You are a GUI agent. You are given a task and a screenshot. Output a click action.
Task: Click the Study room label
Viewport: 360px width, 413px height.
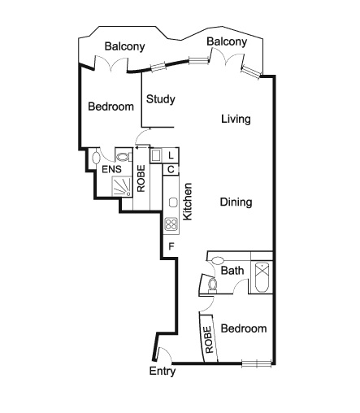(x=161, y=99)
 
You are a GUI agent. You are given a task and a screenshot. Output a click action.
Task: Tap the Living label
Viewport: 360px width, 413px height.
(x=236, y=120)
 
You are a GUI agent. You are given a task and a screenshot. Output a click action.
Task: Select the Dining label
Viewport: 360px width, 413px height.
(x=236, y=202)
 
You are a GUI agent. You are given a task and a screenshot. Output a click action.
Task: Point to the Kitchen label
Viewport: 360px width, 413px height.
(x=188, y=202)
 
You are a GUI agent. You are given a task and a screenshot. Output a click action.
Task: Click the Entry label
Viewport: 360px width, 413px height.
(x=163, y=372)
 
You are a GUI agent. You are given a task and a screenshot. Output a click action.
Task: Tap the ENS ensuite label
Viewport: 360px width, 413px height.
(x=111, y=169)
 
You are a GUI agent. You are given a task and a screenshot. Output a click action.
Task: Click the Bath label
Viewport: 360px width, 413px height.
(x=232, y=271)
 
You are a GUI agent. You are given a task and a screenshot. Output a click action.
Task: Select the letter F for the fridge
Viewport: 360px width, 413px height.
(x=171, y=246)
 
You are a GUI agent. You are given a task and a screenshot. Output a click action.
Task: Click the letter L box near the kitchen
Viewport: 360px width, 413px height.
(x=171, y=156)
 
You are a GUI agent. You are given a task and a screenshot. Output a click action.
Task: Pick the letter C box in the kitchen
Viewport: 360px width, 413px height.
(x=171, y=170)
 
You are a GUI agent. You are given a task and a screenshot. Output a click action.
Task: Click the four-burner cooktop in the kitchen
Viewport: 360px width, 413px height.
(x=171, y=224)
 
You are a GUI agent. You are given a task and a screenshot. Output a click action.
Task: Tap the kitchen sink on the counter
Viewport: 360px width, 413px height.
(x=173, y=202)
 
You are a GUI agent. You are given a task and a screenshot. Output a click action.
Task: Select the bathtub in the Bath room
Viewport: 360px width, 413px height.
(x=262, y=277)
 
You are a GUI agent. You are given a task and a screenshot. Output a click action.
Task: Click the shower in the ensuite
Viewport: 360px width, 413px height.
(x=122, y=186)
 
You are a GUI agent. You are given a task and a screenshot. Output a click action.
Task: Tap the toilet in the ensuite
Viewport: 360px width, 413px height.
(x=124, y=157)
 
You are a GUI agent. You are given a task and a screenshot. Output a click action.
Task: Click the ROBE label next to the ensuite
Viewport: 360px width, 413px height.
(x=141, y=179)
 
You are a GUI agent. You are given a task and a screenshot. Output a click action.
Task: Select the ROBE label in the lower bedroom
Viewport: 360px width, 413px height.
(x=209, y=340)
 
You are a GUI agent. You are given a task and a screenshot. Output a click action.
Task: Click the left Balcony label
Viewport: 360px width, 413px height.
(x=125, y=46)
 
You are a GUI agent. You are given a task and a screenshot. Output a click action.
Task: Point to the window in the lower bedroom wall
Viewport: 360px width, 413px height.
(x=257, y=364)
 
